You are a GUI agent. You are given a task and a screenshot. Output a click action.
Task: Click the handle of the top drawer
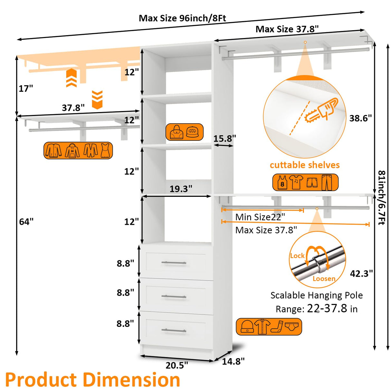174,263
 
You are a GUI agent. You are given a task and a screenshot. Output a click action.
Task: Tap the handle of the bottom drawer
174,330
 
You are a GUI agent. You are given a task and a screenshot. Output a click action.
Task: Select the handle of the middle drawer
174,296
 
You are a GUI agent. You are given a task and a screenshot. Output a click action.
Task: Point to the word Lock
297,256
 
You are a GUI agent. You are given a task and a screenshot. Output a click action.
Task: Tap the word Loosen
324,279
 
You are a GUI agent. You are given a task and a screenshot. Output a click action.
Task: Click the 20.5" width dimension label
177,365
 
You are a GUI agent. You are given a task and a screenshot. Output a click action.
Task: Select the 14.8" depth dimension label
233,361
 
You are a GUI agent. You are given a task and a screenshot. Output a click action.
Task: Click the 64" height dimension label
26,222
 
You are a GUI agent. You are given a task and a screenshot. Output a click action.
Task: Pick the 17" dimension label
26,88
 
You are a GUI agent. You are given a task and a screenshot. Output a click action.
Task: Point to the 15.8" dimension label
224,138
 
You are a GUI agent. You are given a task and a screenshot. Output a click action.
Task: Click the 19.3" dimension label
181,189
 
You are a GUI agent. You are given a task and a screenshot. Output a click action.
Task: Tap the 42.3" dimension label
361,273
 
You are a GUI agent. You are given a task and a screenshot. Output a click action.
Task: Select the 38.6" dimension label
360,118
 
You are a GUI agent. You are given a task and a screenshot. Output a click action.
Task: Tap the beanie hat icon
247,327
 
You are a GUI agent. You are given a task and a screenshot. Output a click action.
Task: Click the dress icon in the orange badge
105,150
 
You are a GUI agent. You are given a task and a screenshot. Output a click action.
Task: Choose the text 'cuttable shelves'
305,165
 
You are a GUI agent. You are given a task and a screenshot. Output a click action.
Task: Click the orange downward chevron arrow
97,100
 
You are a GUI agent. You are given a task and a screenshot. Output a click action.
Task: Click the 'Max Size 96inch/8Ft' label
182,18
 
